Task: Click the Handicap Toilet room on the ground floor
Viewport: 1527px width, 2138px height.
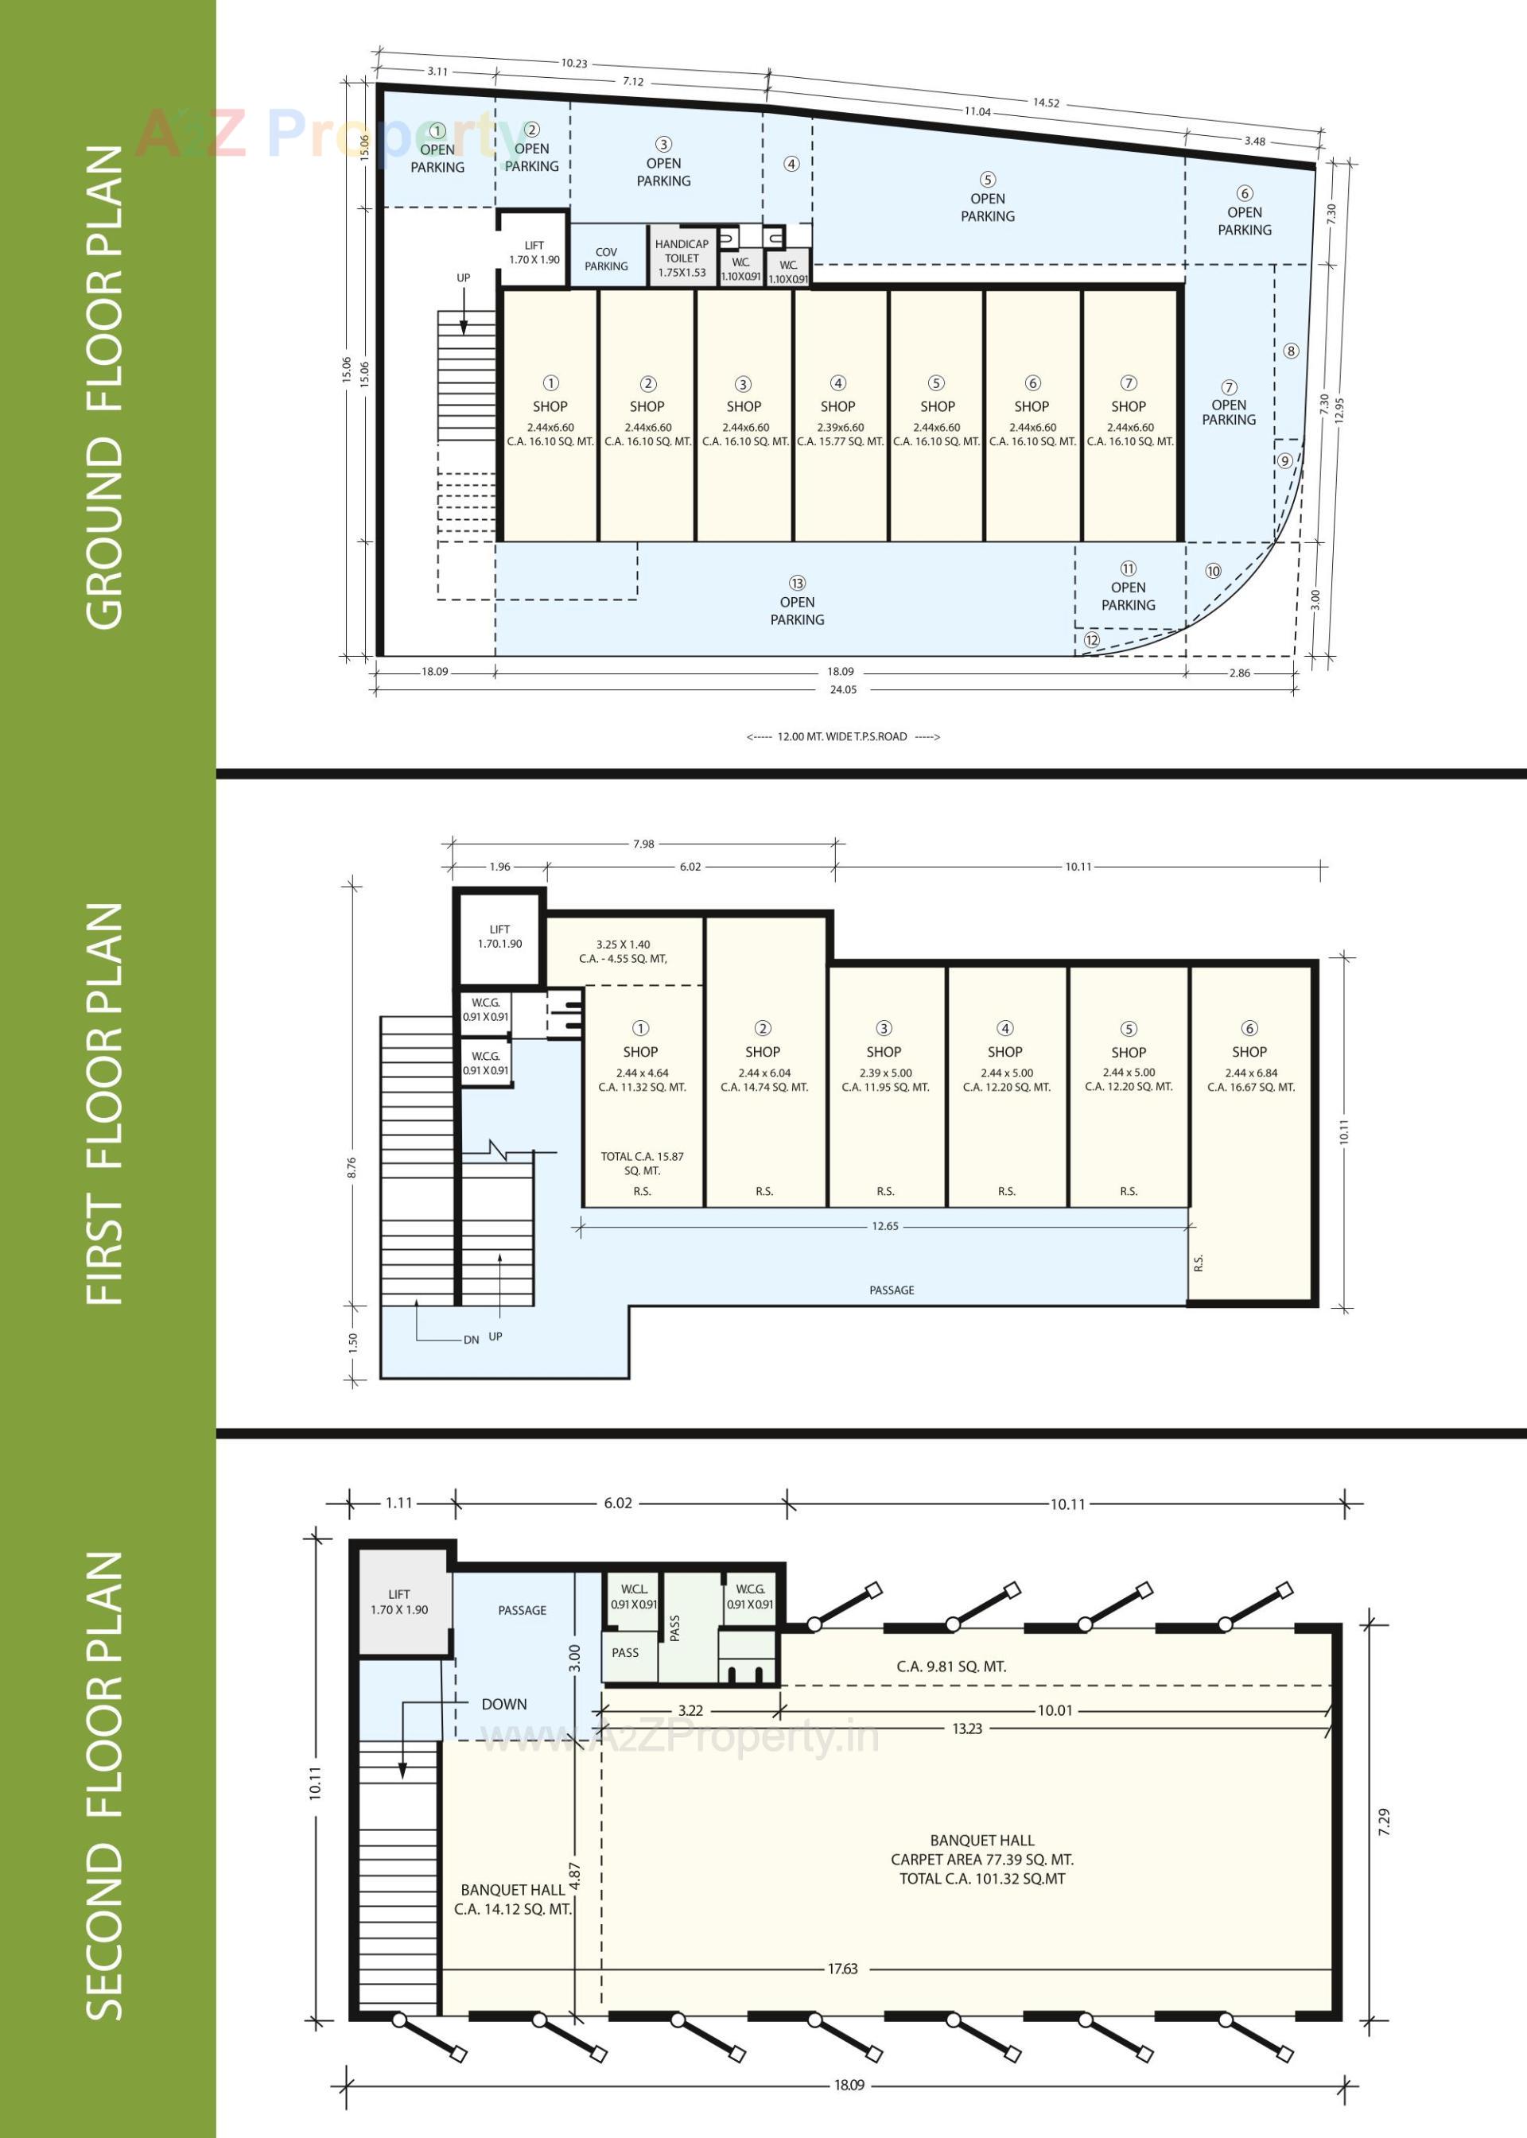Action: tap(682, 257)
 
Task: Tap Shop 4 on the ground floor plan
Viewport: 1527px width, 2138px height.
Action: tap(837, 407)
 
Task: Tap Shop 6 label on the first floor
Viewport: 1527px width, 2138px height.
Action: tap(1249, 1052)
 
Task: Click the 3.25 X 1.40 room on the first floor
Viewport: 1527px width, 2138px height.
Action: tap(623, 950)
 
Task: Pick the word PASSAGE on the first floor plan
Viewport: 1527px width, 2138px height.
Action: tap(891, 1290)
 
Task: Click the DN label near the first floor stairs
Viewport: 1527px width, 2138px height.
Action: tap(471, 1339)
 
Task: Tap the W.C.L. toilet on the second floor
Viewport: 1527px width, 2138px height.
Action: tap(634, 1597)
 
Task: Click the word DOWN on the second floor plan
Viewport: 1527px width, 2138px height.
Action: tap(504, 1704)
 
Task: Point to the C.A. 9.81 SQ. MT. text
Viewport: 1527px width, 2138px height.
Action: tap(950, 1667)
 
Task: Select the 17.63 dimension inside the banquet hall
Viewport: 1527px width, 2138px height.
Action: tap(841, 1968)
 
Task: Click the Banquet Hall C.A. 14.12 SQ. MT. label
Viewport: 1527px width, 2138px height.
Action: tap(512, 1899)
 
